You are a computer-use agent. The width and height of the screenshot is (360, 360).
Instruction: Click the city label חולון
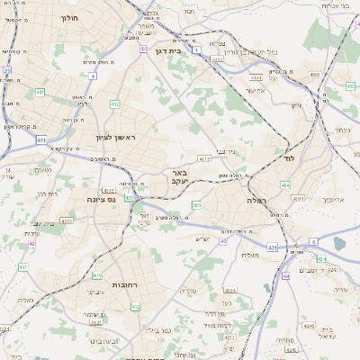pyautogui.click(x=69, y=17)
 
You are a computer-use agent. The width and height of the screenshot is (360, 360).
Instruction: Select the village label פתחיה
pyautogui.click(x=287, y=340)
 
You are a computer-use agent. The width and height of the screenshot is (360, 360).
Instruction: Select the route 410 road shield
pyautogui.click(x=97, y=274)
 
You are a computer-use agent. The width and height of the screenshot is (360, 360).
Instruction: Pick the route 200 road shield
pyautogui.click(x=196, y=206)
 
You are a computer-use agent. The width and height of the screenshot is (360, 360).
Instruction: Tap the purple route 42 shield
pyautogui.click(x=31, y=243)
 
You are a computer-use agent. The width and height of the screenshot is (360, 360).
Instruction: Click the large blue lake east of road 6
pyautogui.click(x=339, y=242)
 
